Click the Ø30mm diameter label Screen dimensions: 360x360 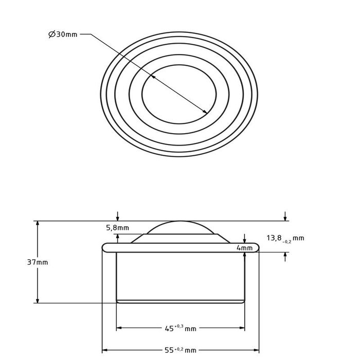point(64,34)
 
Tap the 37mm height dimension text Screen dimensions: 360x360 point(38,262)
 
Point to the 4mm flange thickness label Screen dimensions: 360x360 point(245,248)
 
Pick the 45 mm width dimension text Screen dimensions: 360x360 point(180,328)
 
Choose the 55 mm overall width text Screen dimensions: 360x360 point(180,350)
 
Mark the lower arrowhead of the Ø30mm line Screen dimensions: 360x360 point(206,112)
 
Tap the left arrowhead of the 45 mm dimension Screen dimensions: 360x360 point(119,328)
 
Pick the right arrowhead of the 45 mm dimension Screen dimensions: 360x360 point(242,328)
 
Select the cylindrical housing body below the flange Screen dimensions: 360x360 point(180,275)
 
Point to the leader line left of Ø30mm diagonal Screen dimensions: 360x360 point(86,34)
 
